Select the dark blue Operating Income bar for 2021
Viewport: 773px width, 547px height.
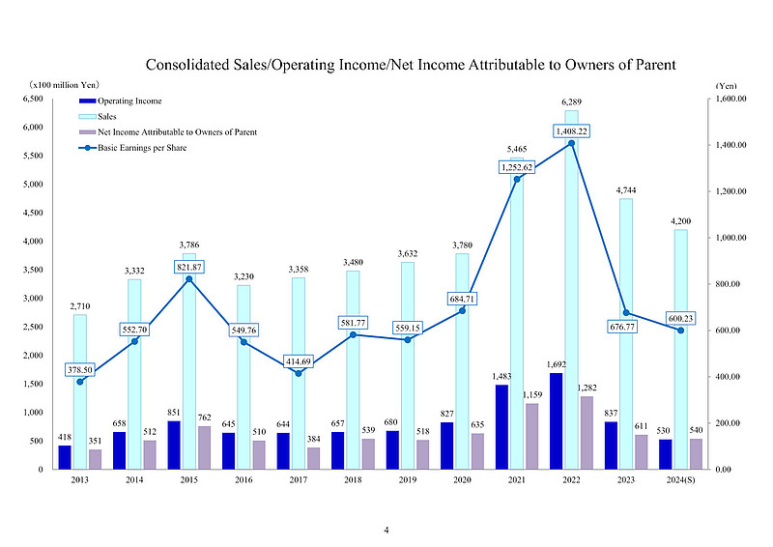501,426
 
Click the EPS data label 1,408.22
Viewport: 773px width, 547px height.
572,130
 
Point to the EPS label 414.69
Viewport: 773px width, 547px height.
298,360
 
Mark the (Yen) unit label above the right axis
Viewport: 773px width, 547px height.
727,86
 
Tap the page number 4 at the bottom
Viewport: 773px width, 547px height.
386,531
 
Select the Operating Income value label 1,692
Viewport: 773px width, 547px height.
556,364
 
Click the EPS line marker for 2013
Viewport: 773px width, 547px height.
79,382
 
